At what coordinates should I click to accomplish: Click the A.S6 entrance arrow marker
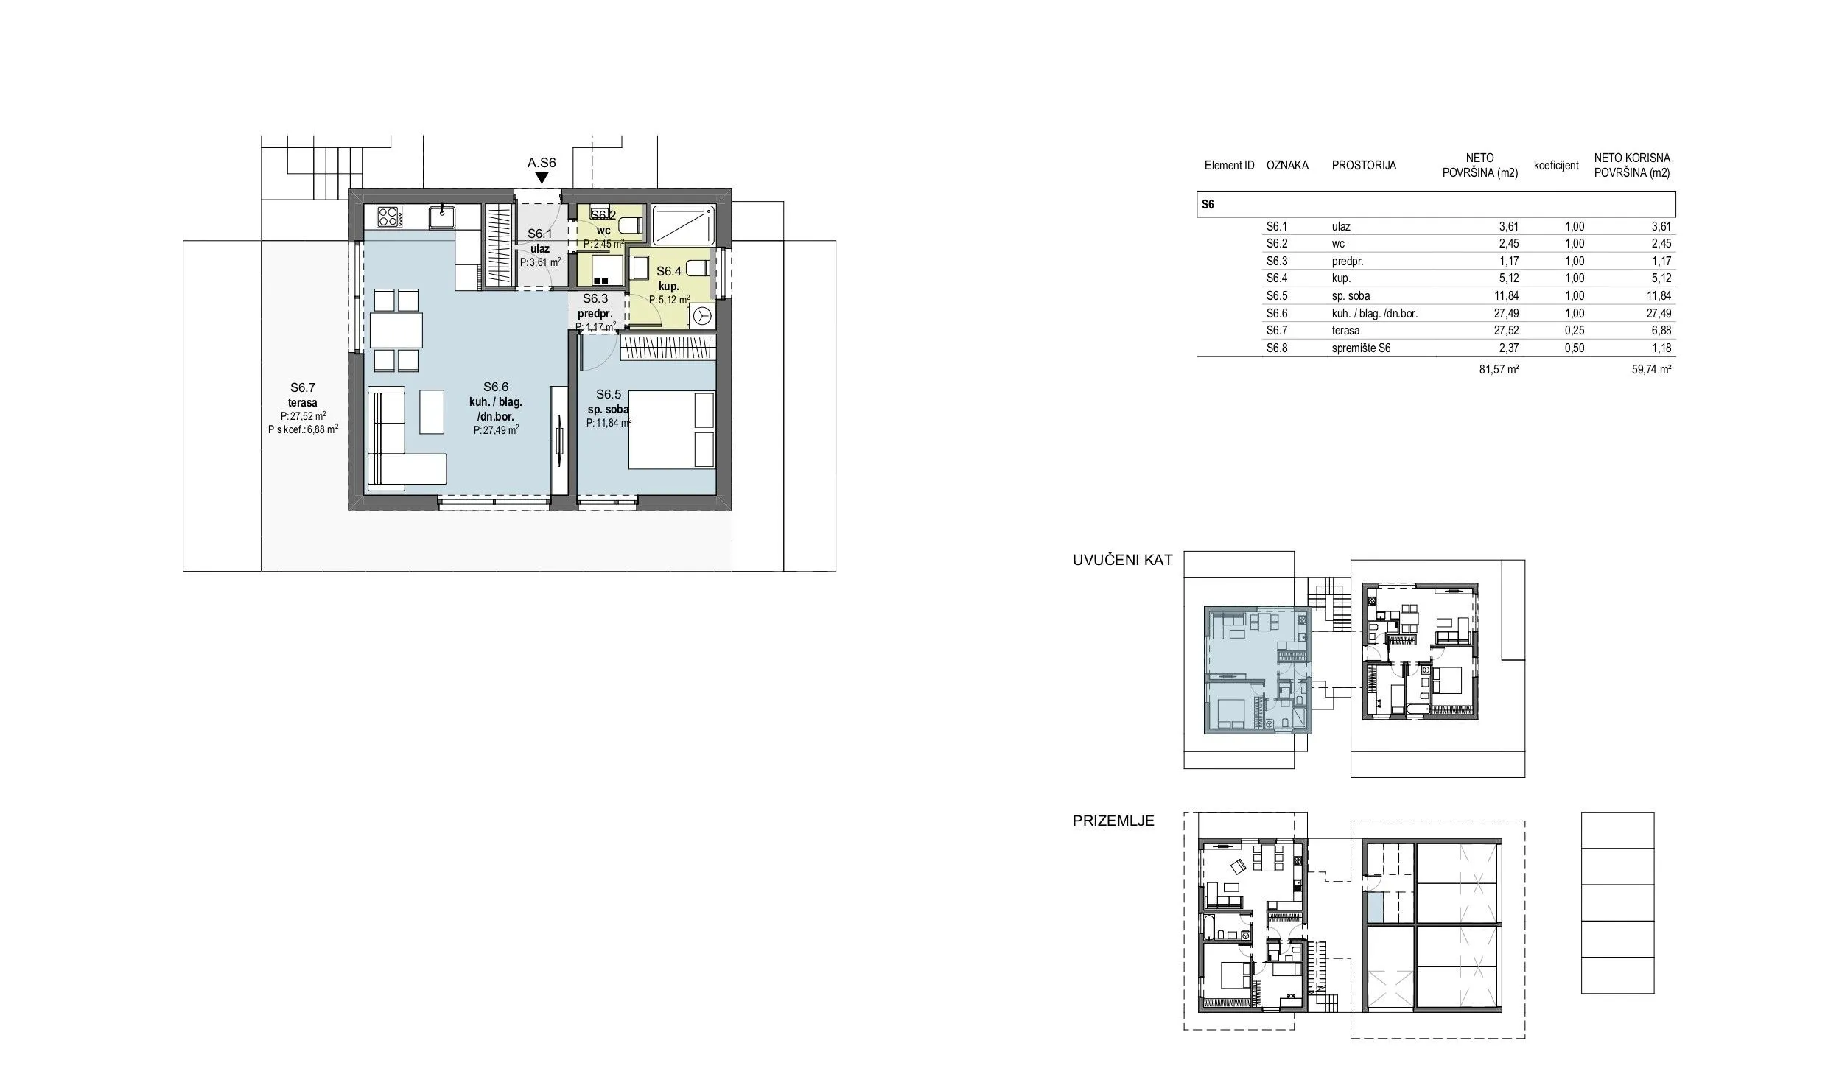tap(542, 178)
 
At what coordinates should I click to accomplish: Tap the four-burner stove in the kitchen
tap(389, 217)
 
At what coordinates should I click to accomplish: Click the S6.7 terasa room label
tap(303, 395)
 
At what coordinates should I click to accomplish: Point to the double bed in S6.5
tap(671, 430)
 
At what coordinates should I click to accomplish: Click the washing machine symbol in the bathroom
tap(701, 316)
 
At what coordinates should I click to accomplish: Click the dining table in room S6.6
tap(396, 330)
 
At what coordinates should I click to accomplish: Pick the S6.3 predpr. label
tap(595, 306)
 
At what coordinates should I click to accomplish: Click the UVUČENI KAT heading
tap(1122, 560)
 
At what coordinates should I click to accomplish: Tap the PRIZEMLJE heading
tap(1113, 821)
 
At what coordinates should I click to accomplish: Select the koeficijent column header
tap(1556, 166)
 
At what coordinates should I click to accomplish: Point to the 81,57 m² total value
tap(1493, 369)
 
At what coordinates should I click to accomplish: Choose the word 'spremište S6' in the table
tap(1361, 348)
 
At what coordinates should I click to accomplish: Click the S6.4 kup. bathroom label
tap(669, 278)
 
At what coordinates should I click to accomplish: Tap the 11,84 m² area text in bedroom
tap(609, 423)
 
